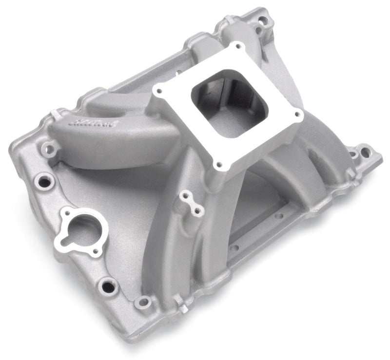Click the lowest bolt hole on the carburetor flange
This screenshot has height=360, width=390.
click(x=218, y=165)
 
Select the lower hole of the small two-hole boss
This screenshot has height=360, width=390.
click(x=198, y=211)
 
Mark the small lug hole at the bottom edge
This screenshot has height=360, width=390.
click(x=143, y=303)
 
